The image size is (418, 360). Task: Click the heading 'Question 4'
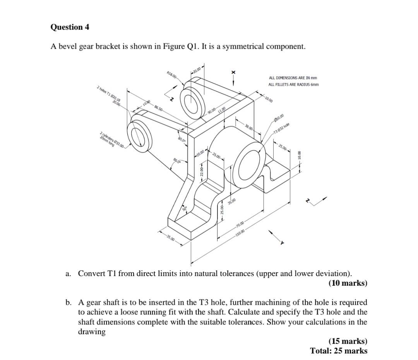[x=70, y=27]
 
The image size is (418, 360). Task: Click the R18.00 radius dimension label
[x=171, y=75]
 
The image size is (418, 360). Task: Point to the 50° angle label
[x=185, y=209]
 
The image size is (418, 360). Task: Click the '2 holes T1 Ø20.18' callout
[x=108, y=96]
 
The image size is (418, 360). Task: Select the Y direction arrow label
[x=283, y=242]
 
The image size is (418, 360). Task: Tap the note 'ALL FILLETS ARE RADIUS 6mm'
[x=294, y=85]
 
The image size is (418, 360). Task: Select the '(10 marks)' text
[x=348, y=283]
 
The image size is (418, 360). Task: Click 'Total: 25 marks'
[x=338, y=351]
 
